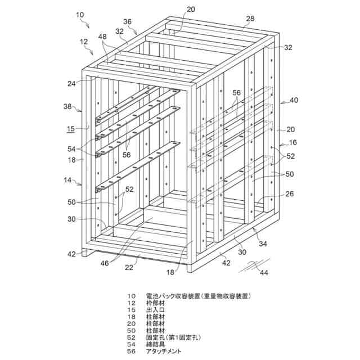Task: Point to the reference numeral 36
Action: click(x=127, y=21)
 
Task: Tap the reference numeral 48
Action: click(x=101, y=36)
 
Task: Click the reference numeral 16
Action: click(x=292, y=143)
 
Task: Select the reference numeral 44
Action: click(x=263, y=273)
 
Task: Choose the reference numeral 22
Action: click(x=130, y=268)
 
